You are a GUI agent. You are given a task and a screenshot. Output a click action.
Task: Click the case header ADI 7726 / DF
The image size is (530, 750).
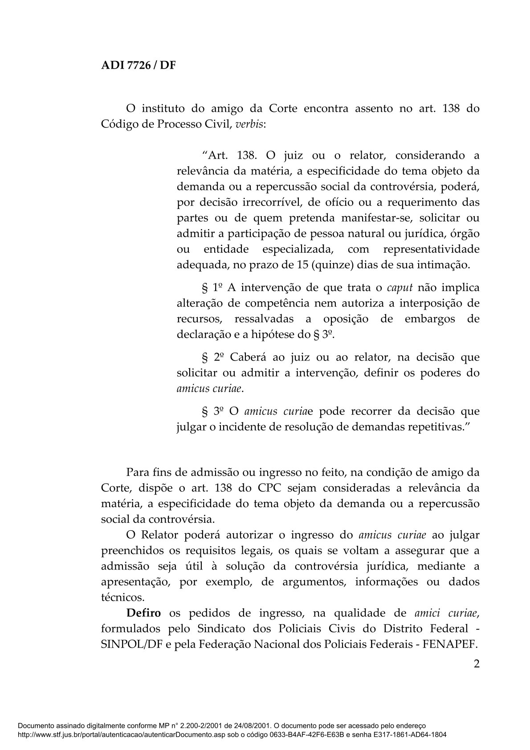pyautogui.click(x=139, y=65)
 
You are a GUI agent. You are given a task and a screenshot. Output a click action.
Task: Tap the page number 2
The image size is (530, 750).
pyautogui.click(x=477, y=664)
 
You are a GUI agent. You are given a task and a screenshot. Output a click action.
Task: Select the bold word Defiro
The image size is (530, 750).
pyautogui.click(x=144, y=613)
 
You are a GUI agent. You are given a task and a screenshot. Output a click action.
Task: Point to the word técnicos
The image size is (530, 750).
pyautogui.click(x=122, y=597)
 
